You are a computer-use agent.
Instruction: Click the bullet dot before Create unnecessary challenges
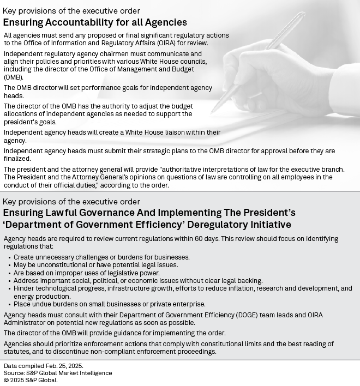pos(9,257)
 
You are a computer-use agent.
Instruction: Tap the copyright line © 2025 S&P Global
pos(31,380)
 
